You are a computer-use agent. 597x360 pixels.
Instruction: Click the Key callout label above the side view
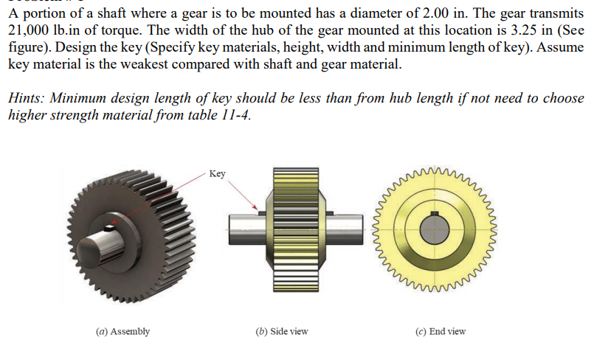[217, 174]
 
